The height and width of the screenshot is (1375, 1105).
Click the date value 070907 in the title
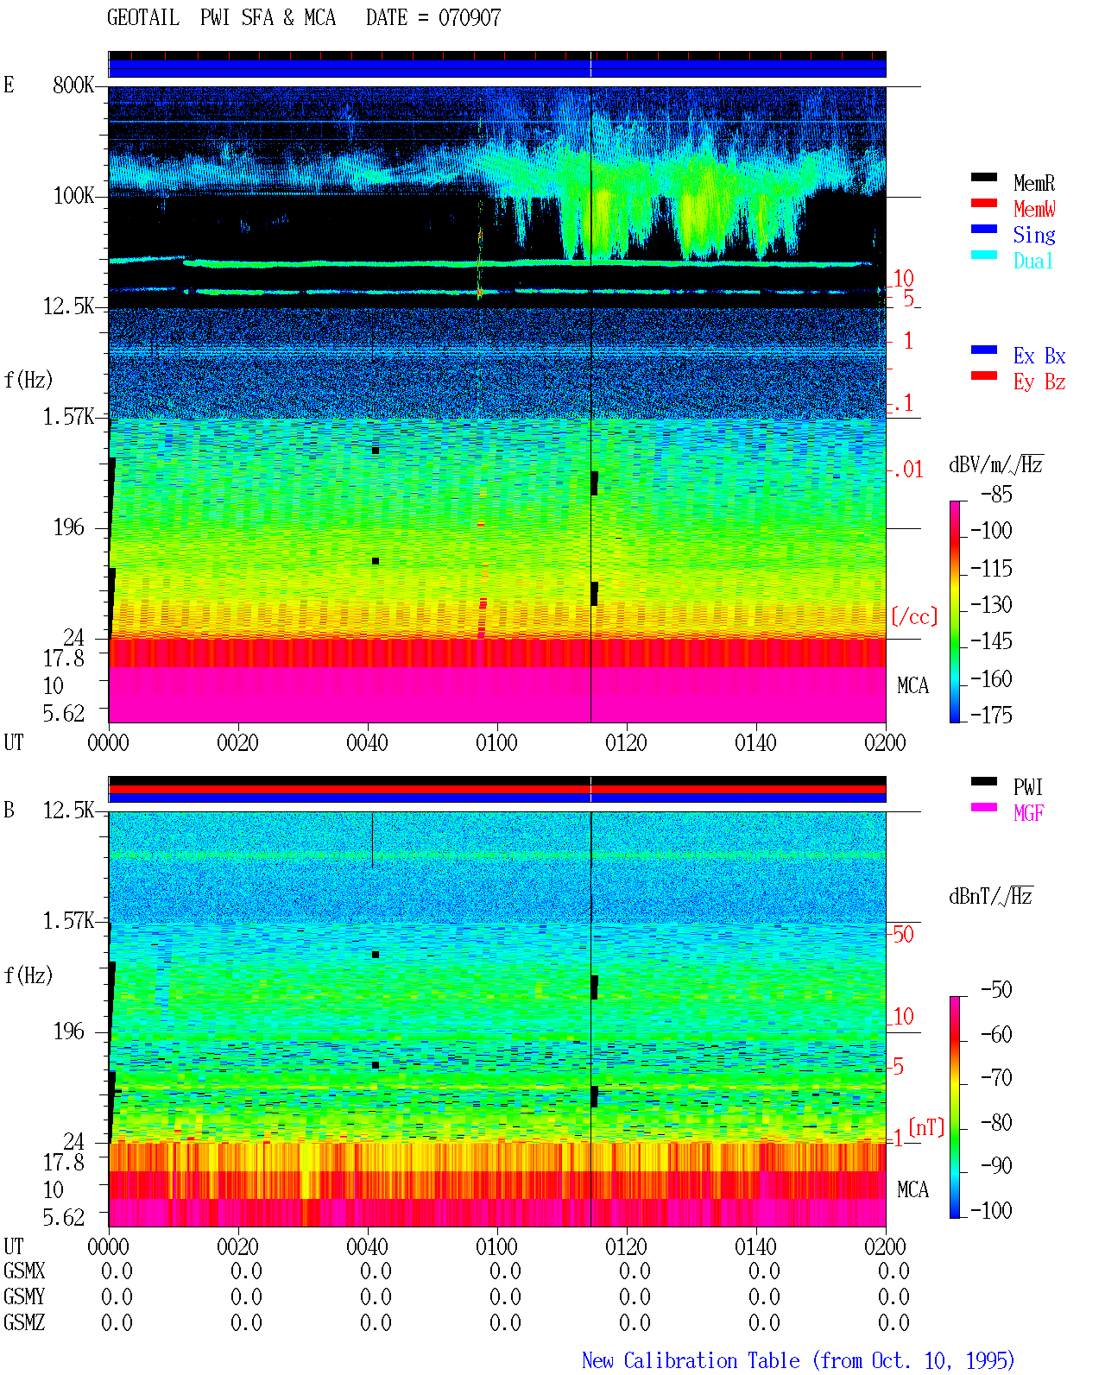point(470,18)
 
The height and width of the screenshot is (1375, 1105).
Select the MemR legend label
point(1033,183)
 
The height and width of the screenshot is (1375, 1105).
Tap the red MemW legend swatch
point(983,203)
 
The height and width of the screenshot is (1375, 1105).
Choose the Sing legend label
point(1033,235)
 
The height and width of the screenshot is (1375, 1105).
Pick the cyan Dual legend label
point(1032,261)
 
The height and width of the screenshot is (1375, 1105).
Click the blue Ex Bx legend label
point(1039,356)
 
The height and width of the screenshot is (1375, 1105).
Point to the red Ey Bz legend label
point(1039,382)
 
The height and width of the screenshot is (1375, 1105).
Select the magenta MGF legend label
point(1028,813)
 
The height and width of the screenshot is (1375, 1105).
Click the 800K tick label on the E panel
point(73,85)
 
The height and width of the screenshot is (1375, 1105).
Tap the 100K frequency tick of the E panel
point(73,196)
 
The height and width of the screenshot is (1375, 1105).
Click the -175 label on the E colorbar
point(991,715)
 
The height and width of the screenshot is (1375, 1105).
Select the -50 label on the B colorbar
point(996,990)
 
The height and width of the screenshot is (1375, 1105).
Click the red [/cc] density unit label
point(914,616)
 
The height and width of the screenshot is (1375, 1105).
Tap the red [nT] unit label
point(926,1127)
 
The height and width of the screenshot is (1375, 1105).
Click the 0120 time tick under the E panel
point(627,742)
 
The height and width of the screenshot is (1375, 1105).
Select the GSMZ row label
point(24,1322)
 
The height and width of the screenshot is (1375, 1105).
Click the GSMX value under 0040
point(376,1271)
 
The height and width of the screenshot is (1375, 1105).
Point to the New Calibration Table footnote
point(799,1360)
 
